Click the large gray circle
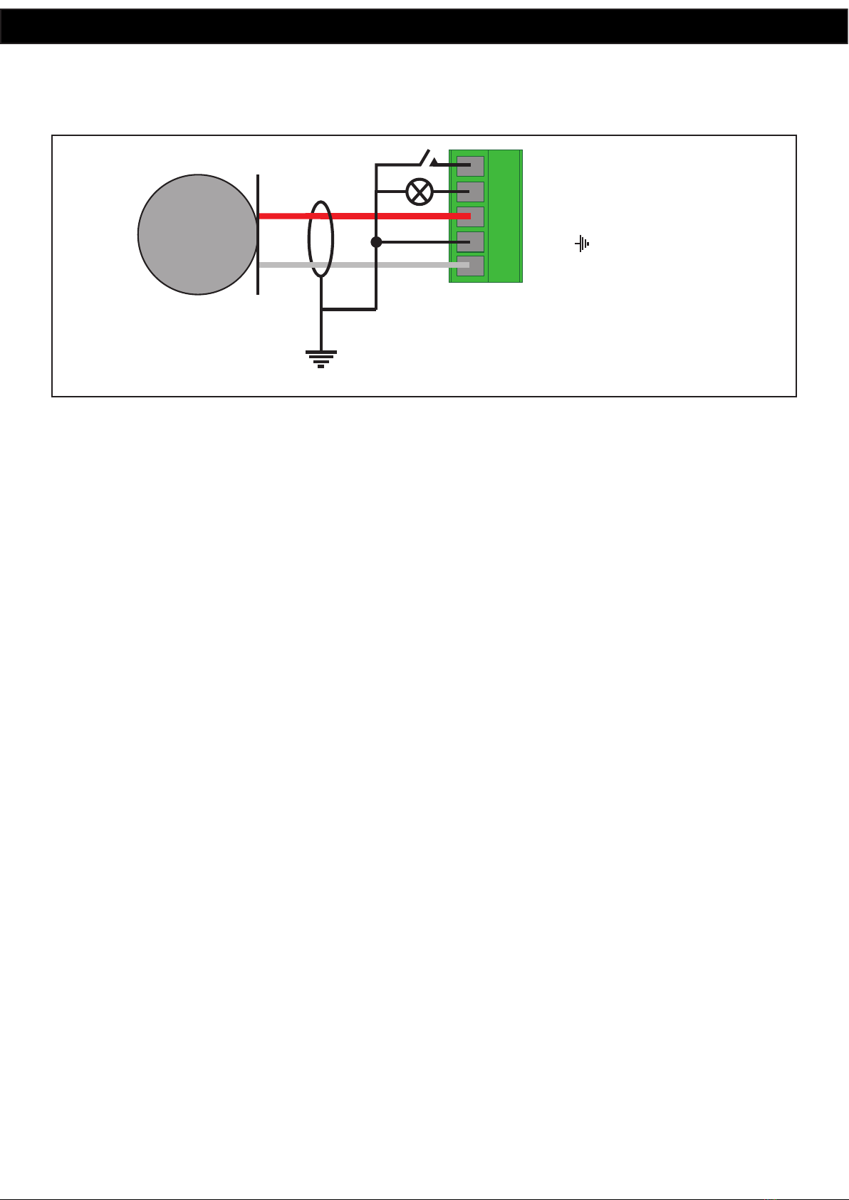click(197, 234)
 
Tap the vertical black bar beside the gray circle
click(258, 234)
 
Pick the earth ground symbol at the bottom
click(321, 358)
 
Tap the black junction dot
click(377, 242)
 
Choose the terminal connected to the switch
click(470, 166)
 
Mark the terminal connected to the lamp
click(470, 192)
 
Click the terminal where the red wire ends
click(470, 216)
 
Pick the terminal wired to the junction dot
click(470, 242)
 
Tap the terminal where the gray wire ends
click(470, 266)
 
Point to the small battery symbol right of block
click(583, 244)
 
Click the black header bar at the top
click(424, 26)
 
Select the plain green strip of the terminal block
click(505, 216)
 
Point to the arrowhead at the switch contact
click(434, 162)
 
